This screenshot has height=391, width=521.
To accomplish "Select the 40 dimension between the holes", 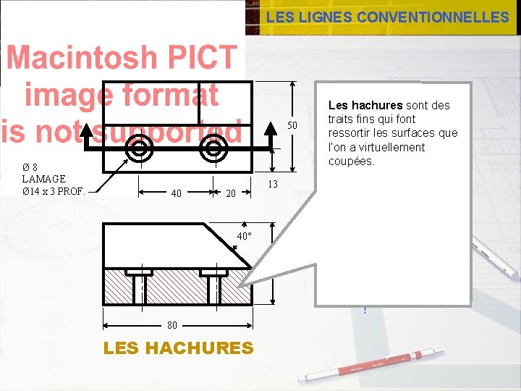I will (176, 193).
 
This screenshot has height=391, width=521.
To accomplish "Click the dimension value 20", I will (231, 193).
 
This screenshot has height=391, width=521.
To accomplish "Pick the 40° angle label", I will (245, 236).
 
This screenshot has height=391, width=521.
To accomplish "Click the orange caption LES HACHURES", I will (179, 348).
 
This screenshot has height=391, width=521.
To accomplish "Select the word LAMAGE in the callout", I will (44, 179).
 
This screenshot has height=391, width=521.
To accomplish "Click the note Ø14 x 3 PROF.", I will (54, 191).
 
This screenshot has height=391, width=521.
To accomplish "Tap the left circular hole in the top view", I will (137, 148).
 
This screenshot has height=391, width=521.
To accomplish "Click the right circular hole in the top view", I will (213, 148).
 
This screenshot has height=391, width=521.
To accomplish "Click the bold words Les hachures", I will (365, 105).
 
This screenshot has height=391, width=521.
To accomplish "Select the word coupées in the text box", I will (351, 161).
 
